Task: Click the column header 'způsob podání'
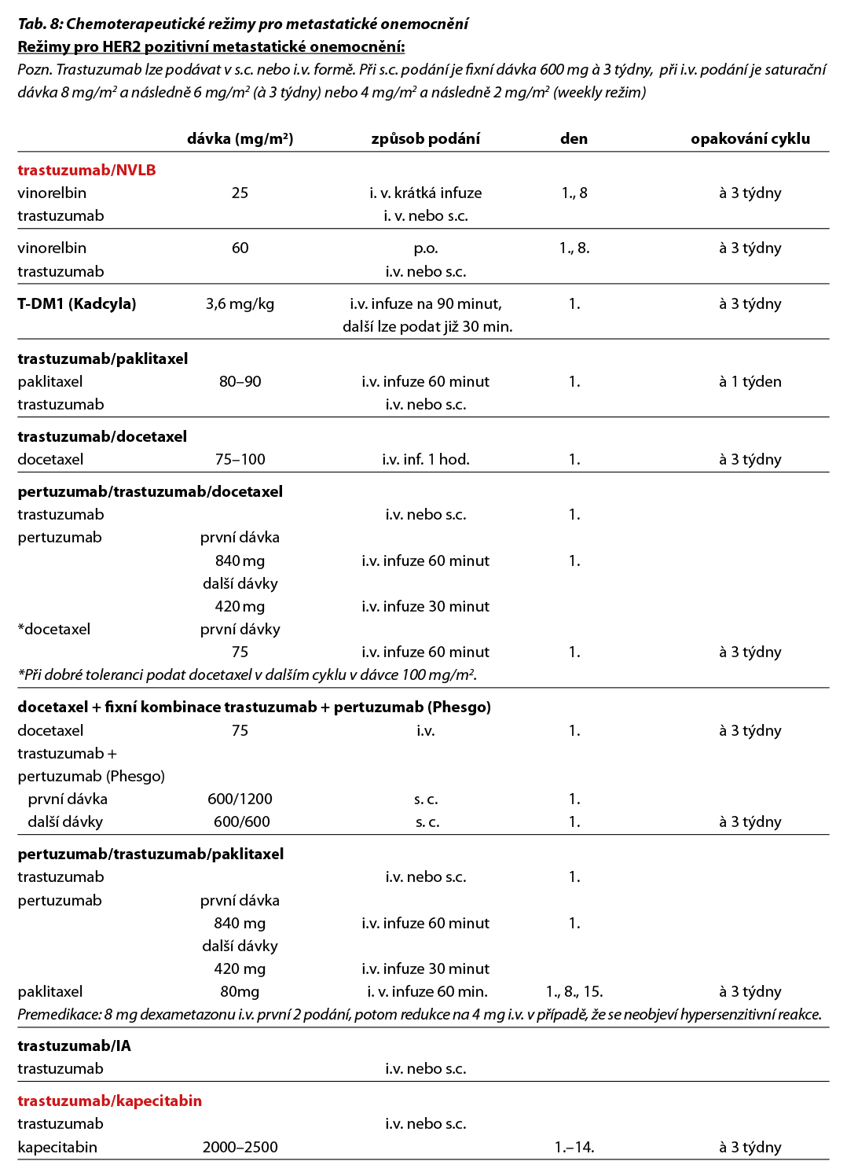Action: [425, 139]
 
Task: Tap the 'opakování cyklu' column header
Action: [750, 139]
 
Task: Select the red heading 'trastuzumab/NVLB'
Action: [86, 170]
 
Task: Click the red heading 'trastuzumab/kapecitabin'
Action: [109, 1101]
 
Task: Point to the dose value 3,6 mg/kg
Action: [240, 304]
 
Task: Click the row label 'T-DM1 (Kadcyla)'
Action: [77, 304]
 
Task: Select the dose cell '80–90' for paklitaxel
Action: [240, 382]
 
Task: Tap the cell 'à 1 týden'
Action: [750, 382]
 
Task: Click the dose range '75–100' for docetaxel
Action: [240, 460]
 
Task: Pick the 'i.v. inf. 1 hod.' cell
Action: [425, 460]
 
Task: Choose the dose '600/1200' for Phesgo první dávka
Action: [240, 799]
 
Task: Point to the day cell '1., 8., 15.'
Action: [574, 992]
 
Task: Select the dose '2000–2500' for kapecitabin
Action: [240, 1148]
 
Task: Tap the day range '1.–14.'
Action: [574, 1148]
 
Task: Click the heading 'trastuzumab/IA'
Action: [74, 1046]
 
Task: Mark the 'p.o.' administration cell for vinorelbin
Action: [425, 248]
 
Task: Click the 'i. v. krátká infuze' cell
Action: [425, 193]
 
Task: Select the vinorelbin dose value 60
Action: [240, 248]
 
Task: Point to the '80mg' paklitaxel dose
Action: [240, 992]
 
